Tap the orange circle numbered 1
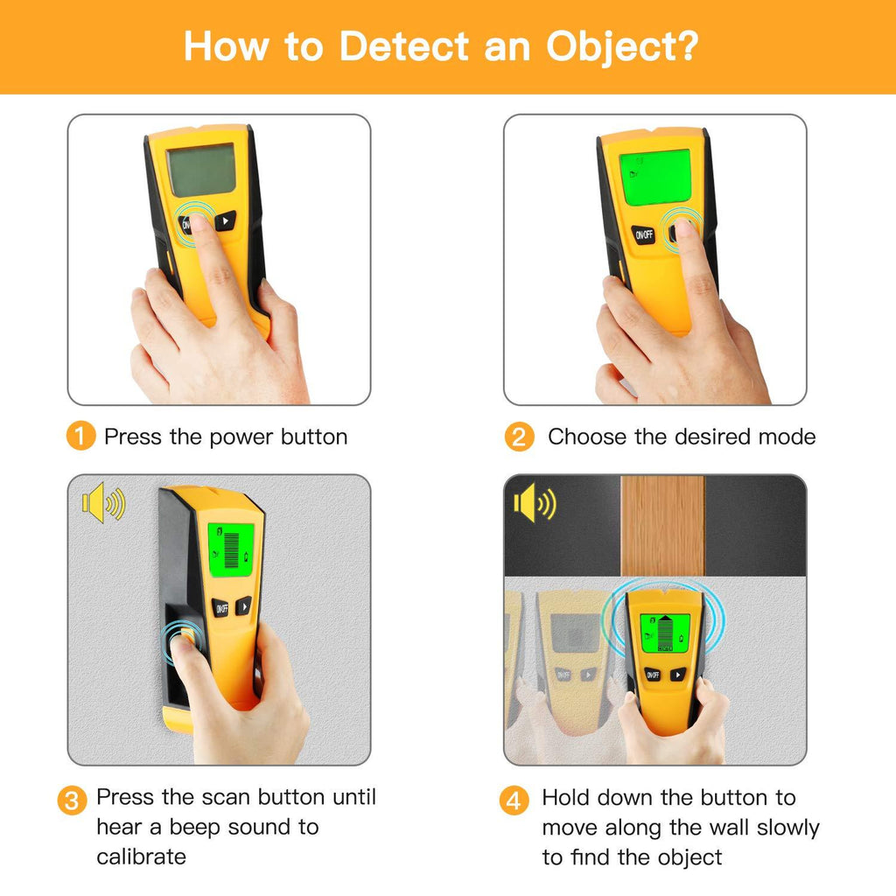click(x=80, y=436)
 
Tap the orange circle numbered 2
click(x=519, y=437)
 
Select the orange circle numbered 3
click(x=72, y=801)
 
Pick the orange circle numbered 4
click(x=514, y=801)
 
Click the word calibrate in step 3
click(x=141, y=857)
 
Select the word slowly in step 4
click(x=788, y=828)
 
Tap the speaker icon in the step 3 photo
click(x=103, y=502)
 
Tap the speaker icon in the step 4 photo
click(x=535, y=503)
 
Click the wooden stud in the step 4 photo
click(x=662, y=526)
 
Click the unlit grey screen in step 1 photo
click(x=201, y=170)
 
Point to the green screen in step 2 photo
click(x=654, y=177)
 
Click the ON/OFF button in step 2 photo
click(x=643, y=234)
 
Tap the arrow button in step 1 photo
click(x=225, y=221)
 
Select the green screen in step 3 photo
click(x=230, y=549)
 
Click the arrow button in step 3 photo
click(x=243, y=605)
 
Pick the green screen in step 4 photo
click(x=665, y=633)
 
